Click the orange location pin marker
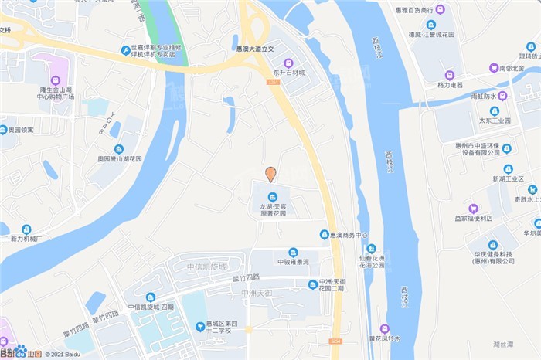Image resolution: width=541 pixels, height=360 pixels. click(x=270, y=174)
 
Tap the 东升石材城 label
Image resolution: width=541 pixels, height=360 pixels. click(x=288, y=73)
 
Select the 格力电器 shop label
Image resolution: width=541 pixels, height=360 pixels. click(x=450, y=84)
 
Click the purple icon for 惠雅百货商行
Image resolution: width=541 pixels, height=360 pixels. click(x=441, y=9)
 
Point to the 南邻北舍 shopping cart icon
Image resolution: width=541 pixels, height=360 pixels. click(x=494, y=68)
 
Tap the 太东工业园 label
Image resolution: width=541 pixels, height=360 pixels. click(x=495, y=121)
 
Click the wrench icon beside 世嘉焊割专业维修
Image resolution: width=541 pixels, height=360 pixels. click(x=126, y=50)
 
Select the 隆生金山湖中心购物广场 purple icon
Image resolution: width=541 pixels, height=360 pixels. click(x=56, y=80)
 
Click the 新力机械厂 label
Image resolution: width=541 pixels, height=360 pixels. click(x=26, y=239)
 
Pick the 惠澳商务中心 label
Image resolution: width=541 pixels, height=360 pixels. click(x=344, y=235)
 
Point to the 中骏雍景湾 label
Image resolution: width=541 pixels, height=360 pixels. click(x=293, y=262)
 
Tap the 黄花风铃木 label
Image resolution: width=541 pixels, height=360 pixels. click(x=384, y=338)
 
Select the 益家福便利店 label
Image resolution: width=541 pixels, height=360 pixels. click(x=473, y=218)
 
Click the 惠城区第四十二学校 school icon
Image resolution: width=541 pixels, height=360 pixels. click(x=201, y=327)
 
